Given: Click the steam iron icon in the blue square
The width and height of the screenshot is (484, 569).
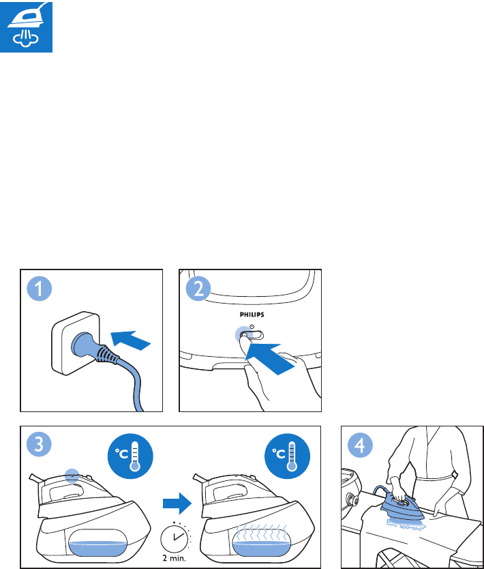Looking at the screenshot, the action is click(x=26, y=27).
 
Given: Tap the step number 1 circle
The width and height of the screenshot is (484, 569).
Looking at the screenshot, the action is click(x=39, y=289).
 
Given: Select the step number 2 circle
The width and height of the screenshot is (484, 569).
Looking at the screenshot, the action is click(x=198, y=289).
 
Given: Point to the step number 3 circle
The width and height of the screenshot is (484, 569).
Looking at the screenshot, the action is click(x=39, y=444).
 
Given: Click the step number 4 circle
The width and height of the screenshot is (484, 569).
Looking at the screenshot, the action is click(x=360, y=446).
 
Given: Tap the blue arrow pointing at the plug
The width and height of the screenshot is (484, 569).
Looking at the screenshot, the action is click(x=130, y=340).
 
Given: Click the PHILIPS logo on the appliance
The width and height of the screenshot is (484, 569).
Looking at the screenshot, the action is click(x=252, y=315).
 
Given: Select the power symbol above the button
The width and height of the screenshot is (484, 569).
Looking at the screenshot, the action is click(x=252, y=327).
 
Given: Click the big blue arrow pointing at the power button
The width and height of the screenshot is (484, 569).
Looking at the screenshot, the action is click(x=270, y=358).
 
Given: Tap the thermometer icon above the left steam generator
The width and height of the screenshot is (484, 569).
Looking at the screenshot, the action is click(x=130, y=456).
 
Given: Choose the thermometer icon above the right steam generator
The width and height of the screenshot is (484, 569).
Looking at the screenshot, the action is click(x=288, y=456).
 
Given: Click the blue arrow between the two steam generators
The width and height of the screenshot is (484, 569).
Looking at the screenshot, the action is click(x=177, y=504).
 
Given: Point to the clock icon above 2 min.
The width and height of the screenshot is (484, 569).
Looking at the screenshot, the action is click(x=175, y=538).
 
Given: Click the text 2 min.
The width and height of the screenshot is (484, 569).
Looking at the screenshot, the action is click(x=174, y=558).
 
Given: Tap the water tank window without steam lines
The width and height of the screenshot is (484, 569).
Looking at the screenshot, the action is click(x=97, y=542).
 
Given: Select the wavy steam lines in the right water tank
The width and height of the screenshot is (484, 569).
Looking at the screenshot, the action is click(x=261, y=532).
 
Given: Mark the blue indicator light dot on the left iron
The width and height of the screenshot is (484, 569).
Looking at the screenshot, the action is click(x=72, y=476).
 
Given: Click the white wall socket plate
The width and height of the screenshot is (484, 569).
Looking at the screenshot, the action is click(x=76, y=343).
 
